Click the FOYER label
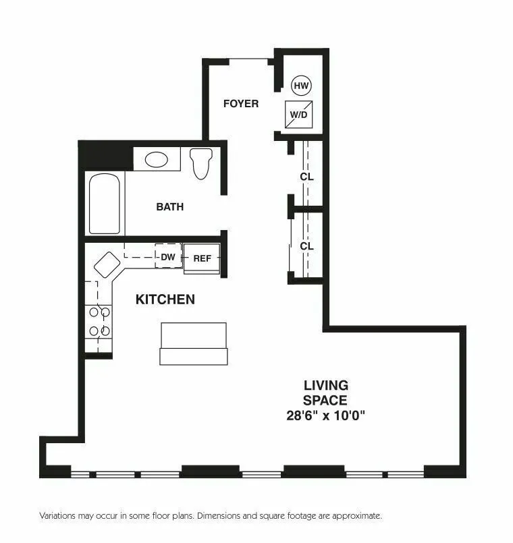[x=241, y=103]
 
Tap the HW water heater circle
[x=301, y=86]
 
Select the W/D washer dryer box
[x=299, y=114]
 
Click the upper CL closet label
[x=307, y=177]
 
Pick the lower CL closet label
[x=307, y=246]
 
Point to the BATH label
[x=169, y=206]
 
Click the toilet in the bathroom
[x=201, y=163]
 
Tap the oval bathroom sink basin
[x=157, y=159]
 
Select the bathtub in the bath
[x=105, y=203]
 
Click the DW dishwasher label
[x=168, y=257]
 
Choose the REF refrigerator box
[x=202, y=258]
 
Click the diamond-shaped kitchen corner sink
[x=107, y=264]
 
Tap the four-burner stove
[x=99, y=321]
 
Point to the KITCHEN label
[x=165, y=299]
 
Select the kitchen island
[x=193, y=343]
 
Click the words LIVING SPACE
[x=326, y=393]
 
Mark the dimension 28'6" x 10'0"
[x=326, y=416]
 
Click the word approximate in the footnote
[x=360, y=515]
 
